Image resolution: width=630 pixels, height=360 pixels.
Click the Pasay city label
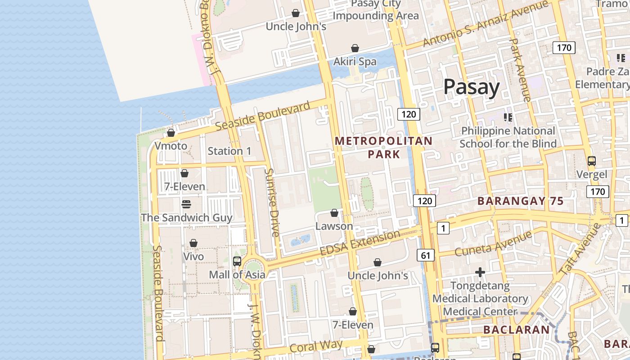[x=471, y=87]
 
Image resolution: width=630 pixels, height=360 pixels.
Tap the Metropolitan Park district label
[x=383, y=147]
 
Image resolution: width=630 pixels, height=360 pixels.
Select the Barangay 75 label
[x=520, y=201]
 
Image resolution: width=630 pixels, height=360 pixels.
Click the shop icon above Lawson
[x=334, y=213]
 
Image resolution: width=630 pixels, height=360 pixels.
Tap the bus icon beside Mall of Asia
[x=237, y=261]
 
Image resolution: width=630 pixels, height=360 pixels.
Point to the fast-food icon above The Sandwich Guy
[x=186, y=204]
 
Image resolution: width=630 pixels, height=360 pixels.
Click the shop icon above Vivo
[x=193, y=243]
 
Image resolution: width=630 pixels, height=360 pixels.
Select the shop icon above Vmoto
[x=171, y=133]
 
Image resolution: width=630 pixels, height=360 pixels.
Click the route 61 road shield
[x=425, y=256]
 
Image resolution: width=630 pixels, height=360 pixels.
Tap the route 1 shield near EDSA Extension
[x=443, y=229]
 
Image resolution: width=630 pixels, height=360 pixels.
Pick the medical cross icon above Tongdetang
[x=480, y=272]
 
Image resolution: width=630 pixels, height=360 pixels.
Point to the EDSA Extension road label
[x=360, y=243]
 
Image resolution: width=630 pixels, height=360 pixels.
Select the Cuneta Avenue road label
[x=493, y=243]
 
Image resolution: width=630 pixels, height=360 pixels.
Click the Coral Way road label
[x=316, y=346]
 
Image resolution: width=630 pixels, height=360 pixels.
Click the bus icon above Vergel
[x=591, y=161]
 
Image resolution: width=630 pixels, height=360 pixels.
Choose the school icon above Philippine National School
[x=508, y=118]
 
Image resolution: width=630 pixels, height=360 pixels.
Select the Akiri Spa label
[x=355, y=62]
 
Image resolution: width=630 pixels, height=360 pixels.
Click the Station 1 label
[x=229, y=151]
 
